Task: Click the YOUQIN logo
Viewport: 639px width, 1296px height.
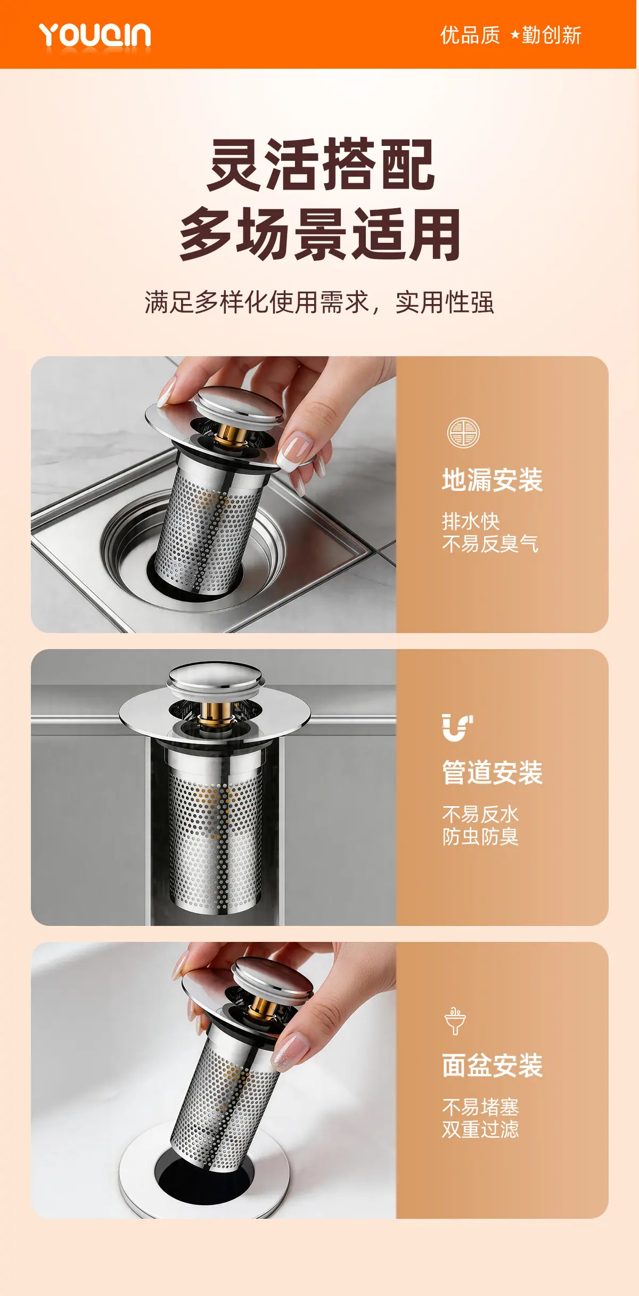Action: point(95,36)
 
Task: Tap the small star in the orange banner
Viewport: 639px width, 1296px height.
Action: point(515,35)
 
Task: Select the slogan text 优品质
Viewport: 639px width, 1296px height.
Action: point(470,35)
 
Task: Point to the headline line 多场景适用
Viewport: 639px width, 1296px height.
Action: point(320,234)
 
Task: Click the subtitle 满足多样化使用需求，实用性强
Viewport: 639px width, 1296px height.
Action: point(319,302)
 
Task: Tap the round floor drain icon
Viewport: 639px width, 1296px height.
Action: point(463,432)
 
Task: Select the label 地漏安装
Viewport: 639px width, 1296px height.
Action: point(493,480)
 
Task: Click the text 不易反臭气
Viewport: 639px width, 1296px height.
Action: point(490,544)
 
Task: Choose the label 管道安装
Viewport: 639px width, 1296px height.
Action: point(493,773)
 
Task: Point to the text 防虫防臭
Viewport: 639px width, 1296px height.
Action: point(480,836)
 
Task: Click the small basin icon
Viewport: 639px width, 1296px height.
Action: point(455,1021)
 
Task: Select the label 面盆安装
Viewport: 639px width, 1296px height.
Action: point(493,1065)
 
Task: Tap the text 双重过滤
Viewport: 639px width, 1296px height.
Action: point(480,1129)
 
